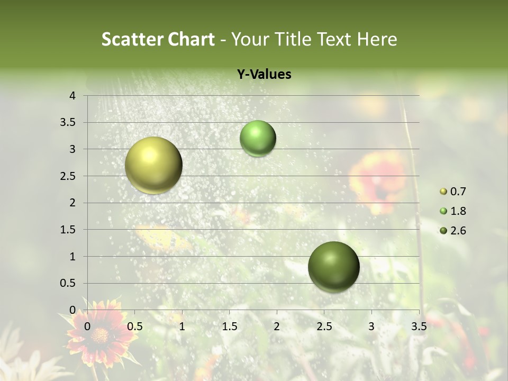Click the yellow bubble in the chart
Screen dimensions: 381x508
click(x=153, y=165)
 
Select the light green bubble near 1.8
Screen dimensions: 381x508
click(x=258, y=138)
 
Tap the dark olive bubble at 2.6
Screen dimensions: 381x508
click(x=333, y=267)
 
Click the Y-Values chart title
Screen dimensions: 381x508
click(x=264, y=75)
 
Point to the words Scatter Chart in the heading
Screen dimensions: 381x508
click(x=158, y=39)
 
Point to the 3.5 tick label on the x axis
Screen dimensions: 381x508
click(x=419, y=326)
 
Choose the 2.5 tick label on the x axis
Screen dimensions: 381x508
click(x=324, y=326)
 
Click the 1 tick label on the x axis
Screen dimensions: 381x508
click(x=182, y=326)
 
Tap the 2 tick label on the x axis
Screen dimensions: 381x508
click(x=277, y=326)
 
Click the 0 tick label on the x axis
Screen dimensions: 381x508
click(x=87, y=326)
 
